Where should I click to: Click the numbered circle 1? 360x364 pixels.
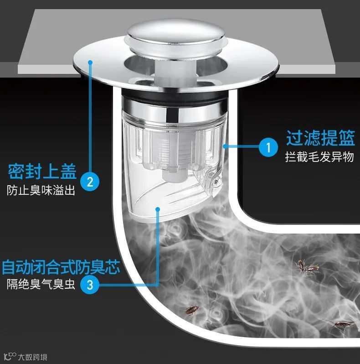pyautogui.click(x=268, y=147)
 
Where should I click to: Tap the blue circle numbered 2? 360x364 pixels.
pyautogui.click(x=90, y=182)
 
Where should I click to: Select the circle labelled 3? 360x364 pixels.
pyautogui.click(x=90, y=285)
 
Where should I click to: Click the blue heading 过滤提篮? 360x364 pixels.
pyautogui.click(x=320, y=138)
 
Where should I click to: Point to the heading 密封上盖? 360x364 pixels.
pyautogui.click(x=42, y=171)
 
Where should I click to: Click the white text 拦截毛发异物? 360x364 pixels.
pyautogui.click(x=319, y=157)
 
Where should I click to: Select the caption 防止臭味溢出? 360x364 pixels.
pyautogui.click(x=41, y=190)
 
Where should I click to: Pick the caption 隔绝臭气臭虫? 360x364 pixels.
pyautogui.click(x=41, y=285)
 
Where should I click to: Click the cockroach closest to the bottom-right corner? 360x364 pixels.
pyautogui.click(x=342, y=325)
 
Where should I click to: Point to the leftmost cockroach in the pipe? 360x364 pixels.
pyautogui.click(x=192, y=311)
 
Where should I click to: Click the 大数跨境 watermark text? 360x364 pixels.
pyautogui.click(x=32, y=356)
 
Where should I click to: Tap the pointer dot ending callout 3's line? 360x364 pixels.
pyautogui.click(x=158, y=209)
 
